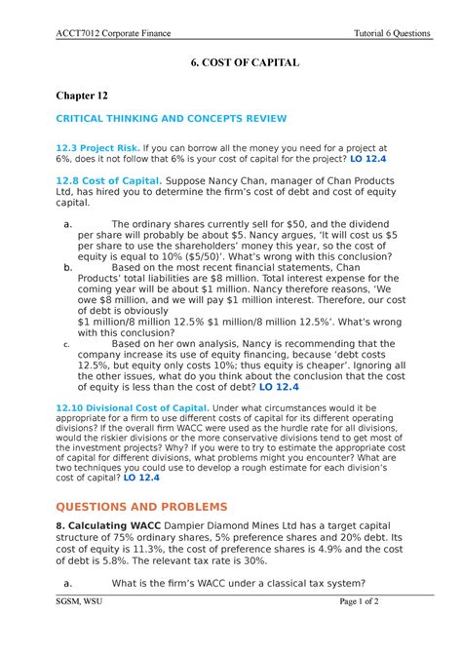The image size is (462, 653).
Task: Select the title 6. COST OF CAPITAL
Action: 230,62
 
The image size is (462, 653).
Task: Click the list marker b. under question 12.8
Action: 67,266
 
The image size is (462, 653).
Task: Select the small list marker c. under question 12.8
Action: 65,343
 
